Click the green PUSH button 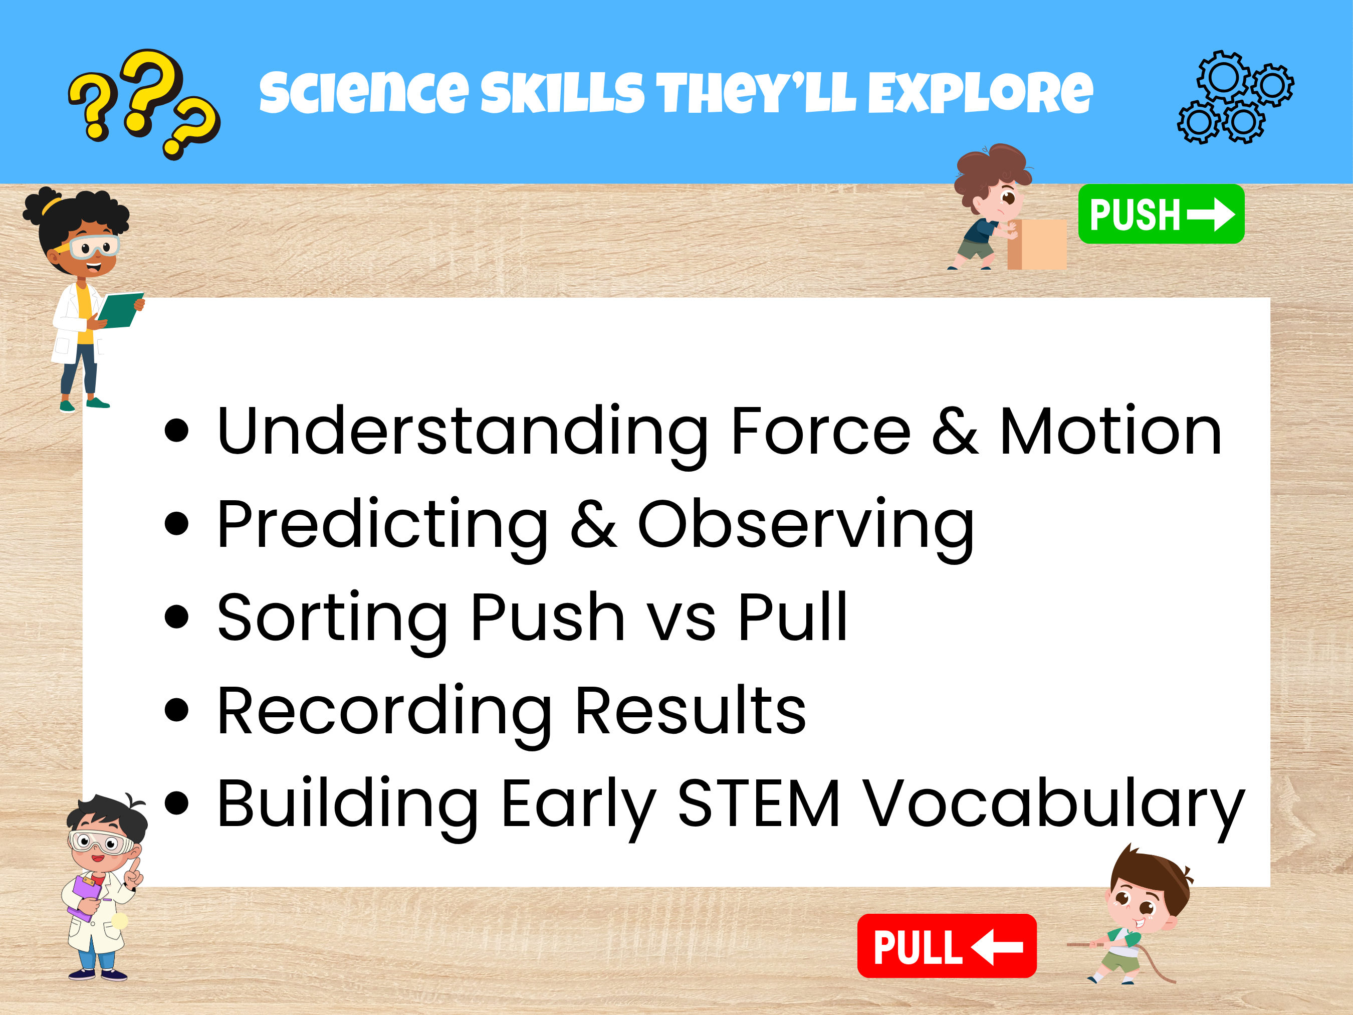coord(1161,214)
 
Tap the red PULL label coord(946,946)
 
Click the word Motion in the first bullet coord(1110,432)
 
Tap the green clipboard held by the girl coord(120,310)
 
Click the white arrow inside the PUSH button coord(1211,214)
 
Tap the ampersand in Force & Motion coord(955,432)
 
